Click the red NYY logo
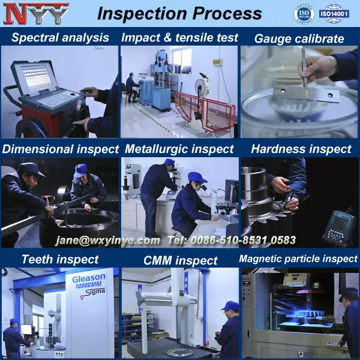pos(36,13)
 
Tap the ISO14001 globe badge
pos(334,14)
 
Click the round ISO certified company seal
pos(304,14)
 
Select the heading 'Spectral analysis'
pos(60,38)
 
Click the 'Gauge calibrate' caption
pos(299,38)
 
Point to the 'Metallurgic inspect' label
pos(179,149)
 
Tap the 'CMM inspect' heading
pos(180,260)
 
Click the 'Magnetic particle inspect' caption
pos(298,259)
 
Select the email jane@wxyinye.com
pos(107,241)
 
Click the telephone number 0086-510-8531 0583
pos(243,240)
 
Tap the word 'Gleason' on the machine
pos(89,278)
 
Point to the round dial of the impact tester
pos(200,86)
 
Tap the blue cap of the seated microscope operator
pos(197,177)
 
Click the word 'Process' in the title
pos(227,14)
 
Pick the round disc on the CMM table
pos(176,352)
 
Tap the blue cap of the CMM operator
pos(231,306)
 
